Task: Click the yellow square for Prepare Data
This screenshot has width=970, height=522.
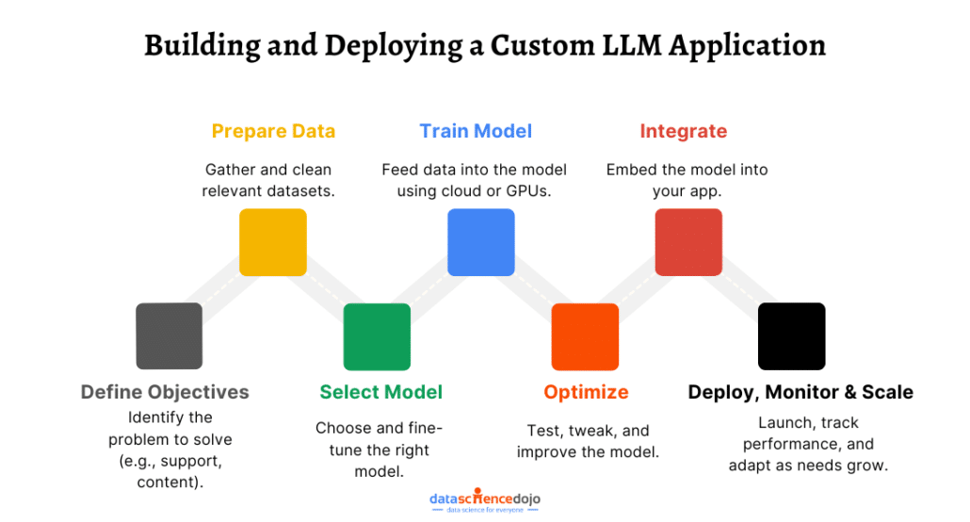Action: click(273, 242)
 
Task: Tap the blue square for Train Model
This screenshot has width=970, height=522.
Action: click(480, 242)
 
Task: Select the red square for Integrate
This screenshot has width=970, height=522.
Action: click(688, 242)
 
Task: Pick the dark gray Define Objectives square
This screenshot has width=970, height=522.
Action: click(170, 335)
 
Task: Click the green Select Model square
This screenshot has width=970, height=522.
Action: click(377, 335)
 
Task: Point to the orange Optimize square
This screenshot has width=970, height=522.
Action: click(585, 335)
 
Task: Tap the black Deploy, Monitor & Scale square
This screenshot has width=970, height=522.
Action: click(792, 335)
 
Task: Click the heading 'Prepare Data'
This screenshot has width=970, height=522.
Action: click(273, 131)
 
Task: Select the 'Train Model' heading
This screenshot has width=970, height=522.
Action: click(476, 131)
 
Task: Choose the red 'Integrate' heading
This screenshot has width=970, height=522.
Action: click(684, 131)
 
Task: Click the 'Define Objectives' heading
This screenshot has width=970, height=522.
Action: click(165, 392)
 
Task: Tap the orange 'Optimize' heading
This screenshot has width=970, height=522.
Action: click(586, 392)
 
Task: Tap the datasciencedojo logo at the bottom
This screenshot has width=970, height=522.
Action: click(485, 499)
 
